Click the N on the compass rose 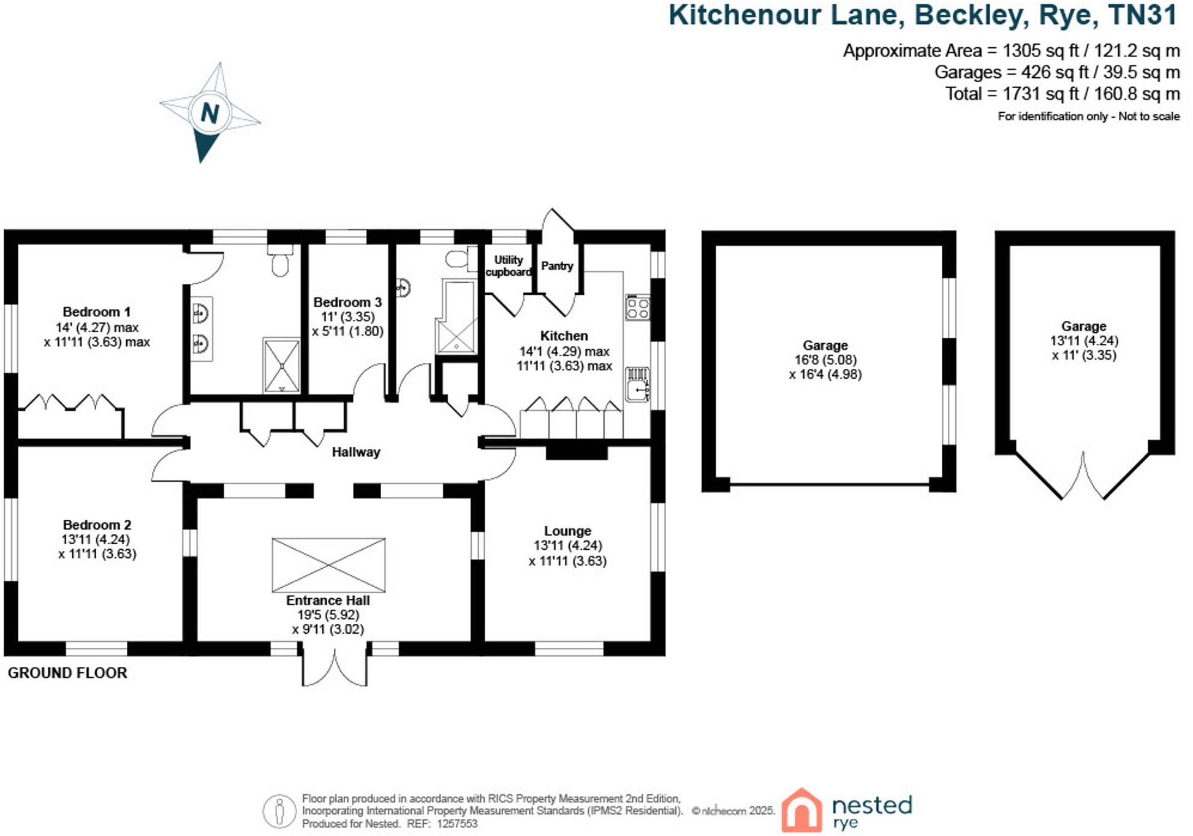[210, 113]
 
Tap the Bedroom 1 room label [96, 311]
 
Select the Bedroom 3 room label [347, 302]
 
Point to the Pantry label [557, 266]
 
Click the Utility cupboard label [509, 266]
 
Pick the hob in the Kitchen [637, 308]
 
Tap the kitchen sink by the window [637, 384]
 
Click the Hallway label [356, 452]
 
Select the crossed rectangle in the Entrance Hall [328, 564]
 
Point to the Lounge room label [567, 531]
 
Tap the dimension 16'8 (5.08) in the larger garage [825, 360]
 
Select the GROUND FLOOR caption [67, 673]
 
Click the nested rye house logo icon [801, 810]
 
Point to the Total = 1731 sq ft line [1062, 94]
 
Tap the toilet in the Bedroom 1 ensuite [280, 262]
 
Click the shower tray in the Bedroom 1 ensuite [281, 365]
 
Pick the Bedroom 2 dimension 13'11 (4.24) [96, 539]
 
